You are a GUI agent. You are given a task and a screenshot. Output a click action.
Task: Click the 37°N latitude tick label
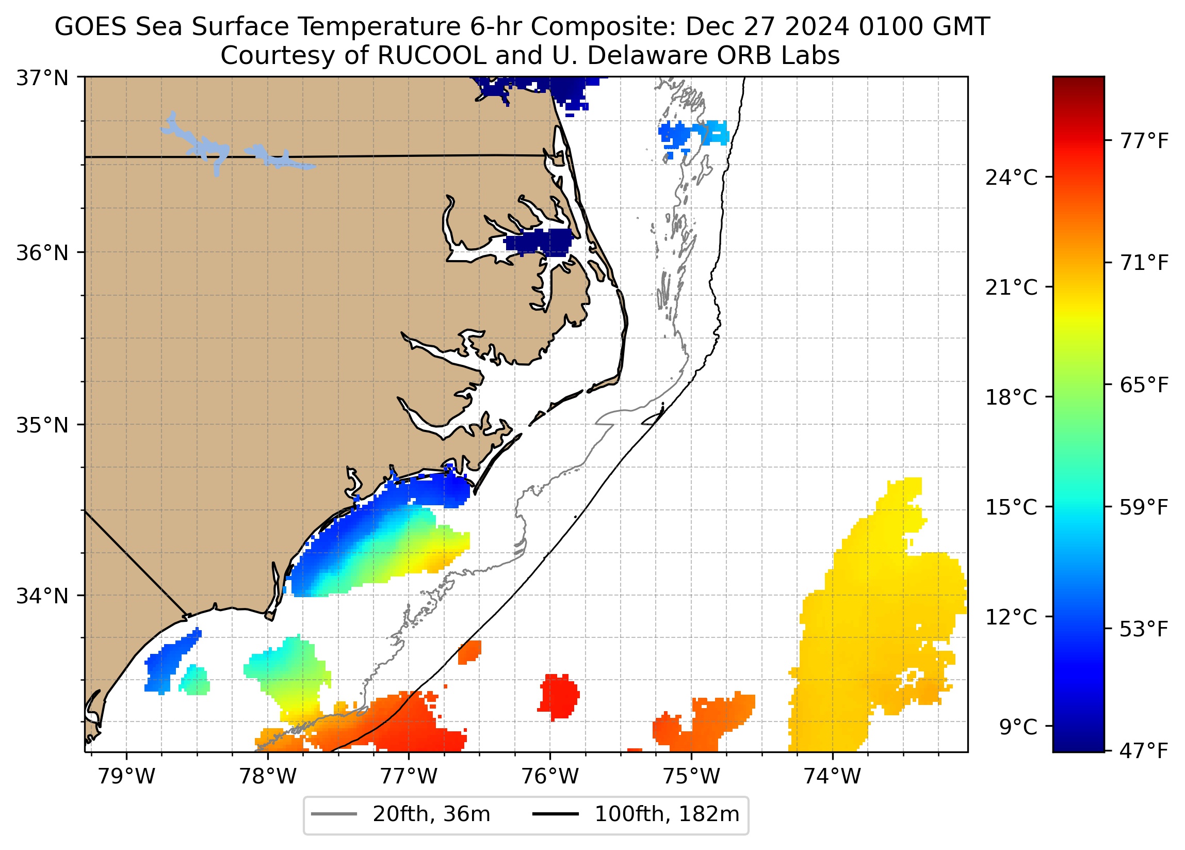pos(42,78)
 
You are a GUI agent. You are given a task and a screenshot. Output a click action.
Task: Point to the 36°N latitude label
pos(42,253)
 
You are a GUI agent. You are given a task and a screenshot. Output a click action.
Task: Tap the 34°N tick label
pos(42,596)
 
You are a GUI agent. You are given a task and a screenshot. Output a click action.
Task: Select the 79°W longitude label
pos(126,777)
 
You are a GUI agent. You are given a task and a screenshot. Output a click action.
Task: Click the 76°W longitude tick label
pos(550,777)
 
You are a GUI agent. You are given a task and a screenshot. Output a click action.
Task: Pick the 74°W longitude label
pos(832,777)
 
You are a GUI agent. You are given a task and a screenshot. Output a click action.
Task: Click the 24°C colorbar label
pos(1011,178)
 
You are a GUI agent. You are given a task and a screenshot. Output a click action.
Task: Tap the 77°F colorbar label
pos(1144,141)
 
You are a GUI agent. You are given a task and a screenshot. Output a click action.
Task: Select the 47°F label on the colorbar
pos(1144,752)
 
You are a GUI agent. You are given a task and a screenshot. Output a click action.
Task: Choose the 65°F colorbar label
pos(1144,386)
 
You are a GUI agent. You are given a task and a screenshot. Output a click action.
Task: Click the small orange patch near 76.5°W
pos(469,652)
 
